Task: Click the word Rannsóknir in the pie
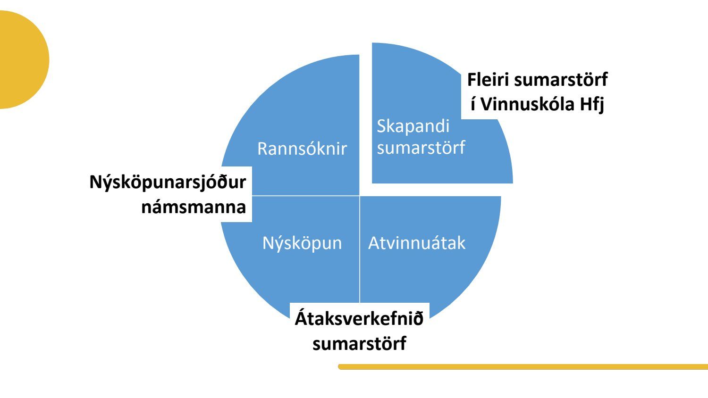(x=302, y=149)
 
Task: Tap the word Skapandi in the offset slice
(x=413, y=127)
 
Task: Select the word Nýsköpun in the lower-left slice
(x=302, y=244)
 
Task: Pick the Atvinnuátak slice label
(x=417, y=243)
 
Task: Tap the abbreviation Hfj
(x=592, y=105)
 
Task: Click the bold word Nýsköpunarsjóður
(x=168, y=182)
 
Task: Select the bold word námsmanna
(x=194, y=207)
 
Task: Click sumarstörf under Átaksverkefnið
(x=359, y=343)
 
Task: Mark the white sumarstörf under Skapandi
(x=421, y=148)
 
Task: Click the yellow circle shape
(x=22, y=59)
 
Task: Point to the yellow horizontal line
(x=523, y=367)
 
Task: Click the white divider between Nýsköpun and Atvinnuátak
(x=359, y=249)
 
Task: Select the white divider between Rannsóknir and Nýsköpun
(x=306, y=196)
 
